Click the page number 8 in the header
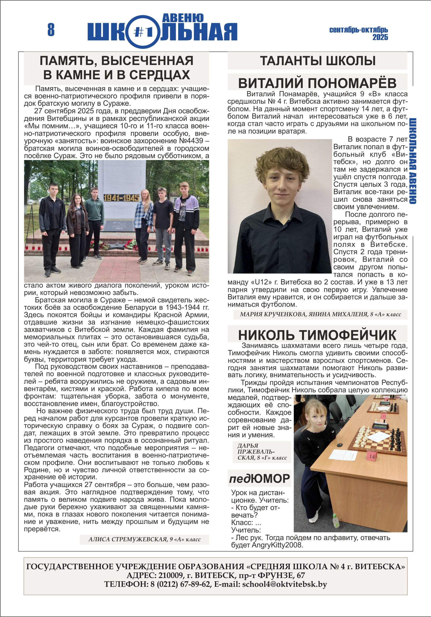coord(51,30)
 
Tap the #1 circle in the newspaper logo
coord(143,32)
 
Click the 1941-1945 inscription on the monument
coord(121,198)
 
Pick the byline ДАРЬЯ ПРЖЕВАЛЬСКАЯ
coord(262,452)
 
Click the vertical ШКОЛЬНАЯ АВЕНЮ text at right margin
coord(413,161)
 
